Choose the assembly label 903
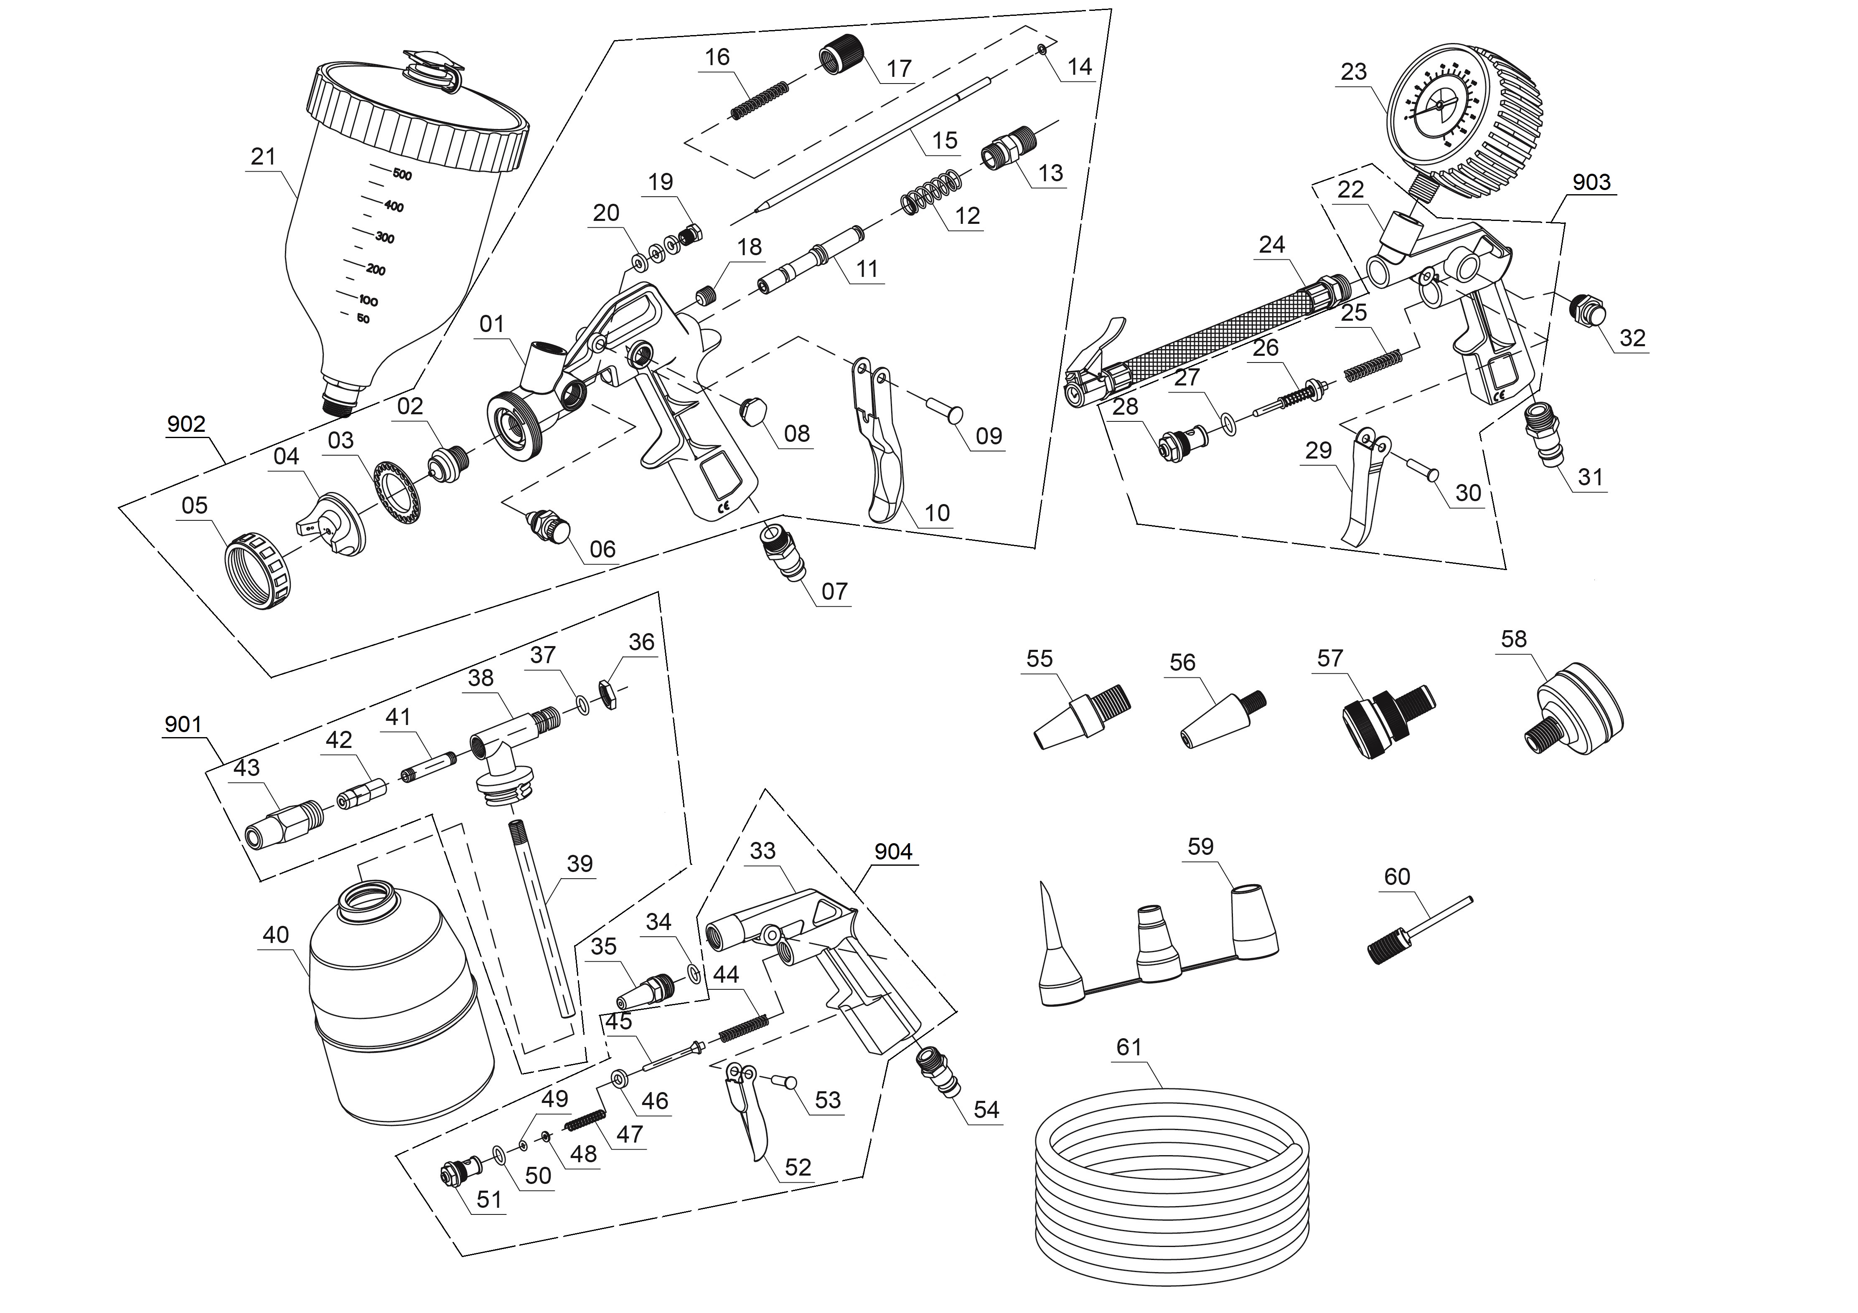(x=1591, y=182)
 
